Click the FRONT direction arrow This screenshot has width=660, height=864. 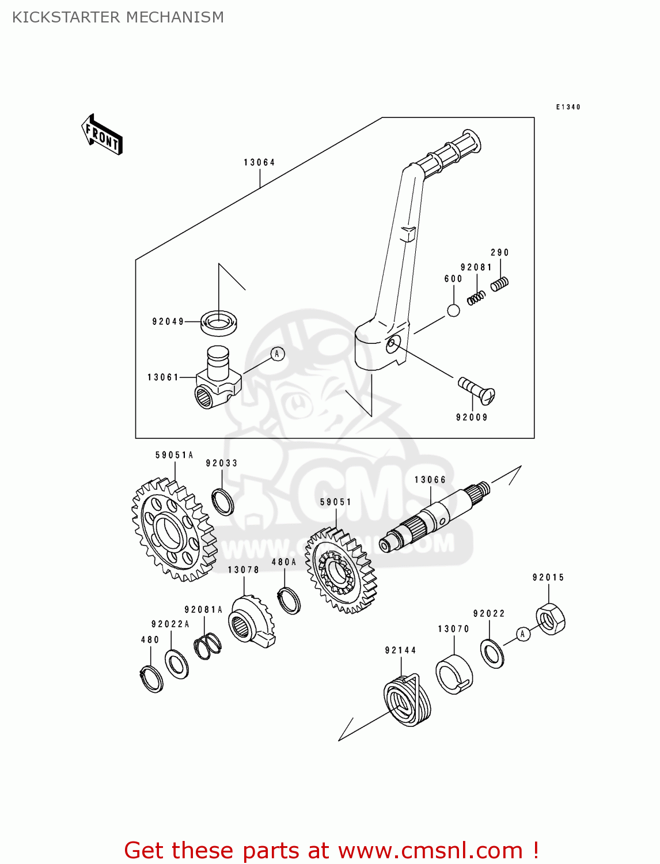pos(102,135)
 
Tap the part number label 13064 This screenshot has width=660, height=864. pos(259,162)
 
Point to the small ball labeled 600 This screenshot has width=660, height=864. pos(454,310)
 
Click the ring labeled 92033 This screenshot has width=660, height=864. pos(222,501)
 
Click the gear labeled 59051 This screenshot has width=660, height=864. pos(340,571)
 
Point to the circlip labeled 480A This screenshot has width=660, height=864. pos(289,600)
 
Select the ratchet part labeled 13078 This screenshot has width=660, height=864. pos(252,622)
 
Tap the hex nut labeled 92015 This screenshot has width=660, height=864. pos(551,619)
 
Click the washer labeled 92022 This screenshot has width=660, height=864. pos(492,653)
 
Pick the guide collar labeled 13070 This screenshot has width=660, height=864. pos(454,674)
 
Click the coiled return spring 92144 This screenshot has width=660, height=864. pos(407,699)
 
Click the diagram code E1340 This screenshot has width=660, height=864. pos(568,107)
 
